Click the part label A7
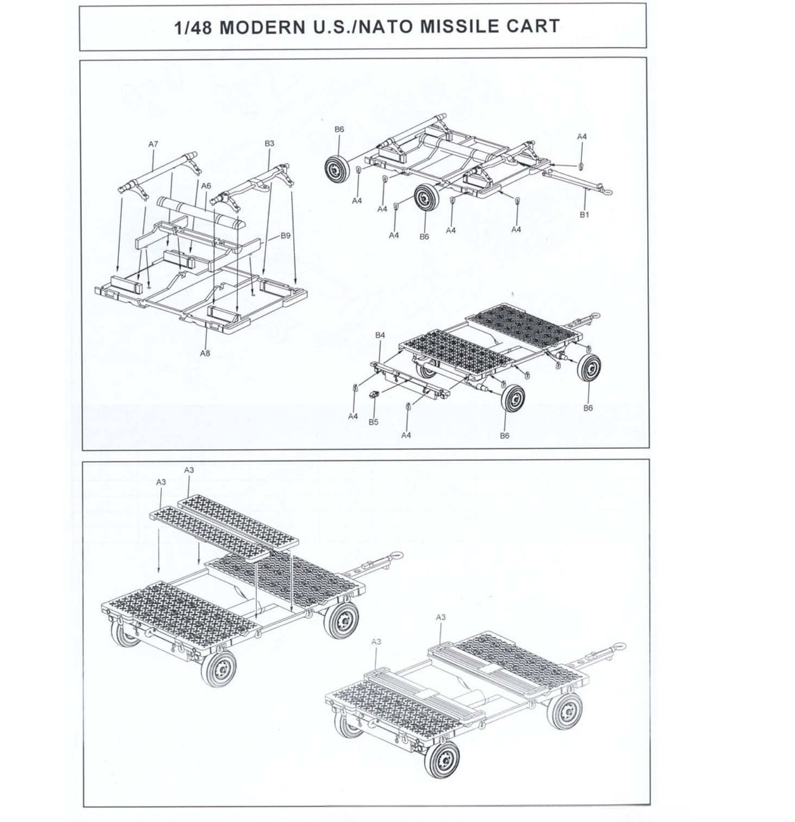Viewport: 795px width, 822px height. coord(153,144)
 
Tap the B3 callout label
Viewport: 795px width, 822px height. coord(269,143)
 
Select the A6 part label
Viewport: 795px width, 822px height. coord(206,185)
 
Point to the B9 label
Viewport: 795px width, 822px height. coord(286,235)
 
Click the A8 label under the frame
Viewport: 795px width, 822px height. coord(205,353)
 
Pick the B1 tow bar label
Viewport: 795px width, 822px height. coord(584,214)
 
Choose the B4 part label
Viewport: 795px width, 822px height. coord(380,335)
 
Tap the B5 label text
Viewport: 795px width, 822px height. coord(373,422)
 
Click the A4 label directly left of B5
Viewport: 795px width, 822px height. coord(353,416)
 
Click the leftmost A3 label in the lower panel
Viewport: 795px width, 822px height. coord(161,482)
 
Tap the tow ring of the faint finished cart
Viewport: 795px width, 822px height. coord(620,647)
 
